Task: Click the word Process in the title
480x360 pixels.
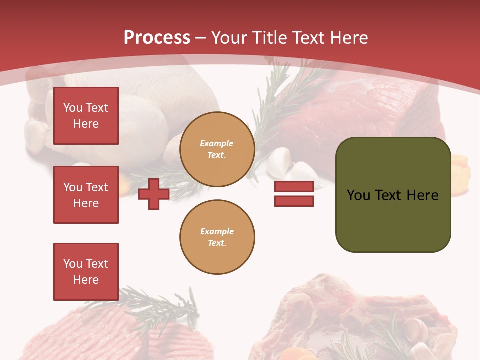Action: [157, 37]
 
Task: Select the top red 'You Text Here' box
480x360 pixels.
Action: [86, 116]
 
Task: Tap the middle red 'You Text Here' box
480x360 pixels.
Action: [86, 195]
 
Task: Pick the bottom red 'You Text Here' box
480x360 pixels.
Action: [86, 271]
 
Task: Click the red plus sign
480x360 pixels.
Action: [154, 194]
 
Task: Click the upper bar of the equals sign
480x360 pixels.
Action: [294, 186]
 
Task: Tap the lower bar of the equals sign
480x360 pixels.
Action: [294, 201]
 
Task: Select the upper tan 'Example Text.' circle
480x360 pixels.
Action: [217, 149]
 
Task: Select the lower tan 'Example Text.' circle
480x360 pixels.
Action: [217, 237]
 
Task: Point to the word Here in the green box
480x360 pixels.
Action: [422, 195]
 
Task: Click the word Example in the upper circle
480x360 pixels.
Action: [217, 143]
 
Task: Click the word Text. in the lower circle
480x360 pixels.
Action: [217, 243]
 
